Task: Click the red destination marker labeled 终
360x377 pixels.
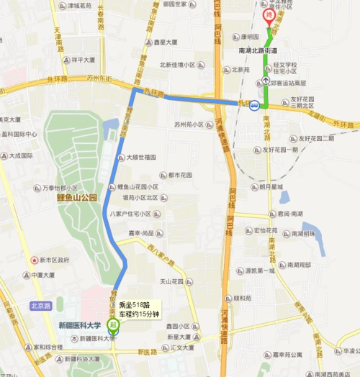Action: pyautogui.click(x=270, y=15)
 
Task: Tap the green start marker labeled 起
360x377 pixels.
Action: pyautogui.click(x=112, y=324)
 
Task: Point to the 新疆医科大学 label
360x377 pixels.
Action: pyautogui.click(x=83, y=325)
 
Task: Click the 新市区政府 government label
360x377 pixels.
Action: pyautogui.click(x=53, y=260)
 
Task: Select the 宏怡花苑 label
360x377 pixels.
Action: pyautogui.click(x=265, y=231)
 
